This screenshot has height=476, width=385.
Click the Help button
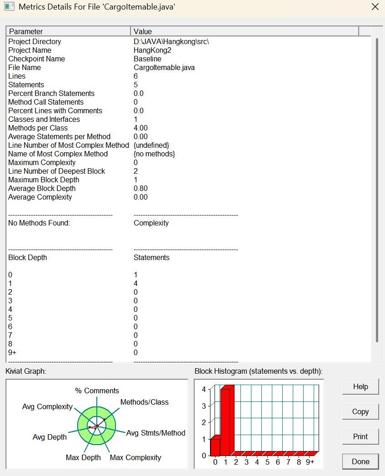(360, 386)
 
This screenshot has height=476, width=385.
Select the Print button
(360, 436)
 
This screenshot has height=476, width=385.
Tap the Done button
(360, 461)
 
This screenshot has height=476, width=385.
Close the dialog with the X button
(375, 7)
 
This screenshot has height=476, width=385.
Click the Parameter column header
(68, 31)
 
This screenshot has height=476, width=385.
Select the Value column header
(245, 31)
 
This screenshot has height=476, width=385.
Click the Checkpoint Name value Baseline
(147, 59)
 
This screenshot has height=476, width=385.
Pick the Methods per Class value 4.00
(140, 128)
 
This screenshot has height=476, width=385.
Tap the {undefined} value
(151, 145)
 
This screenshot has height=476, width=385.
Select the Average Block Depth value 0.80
(140, 188)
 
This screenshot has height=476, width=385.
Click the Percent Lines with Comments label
(55, 110)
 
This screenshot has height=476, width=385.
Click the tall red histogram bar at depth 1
(226, 421)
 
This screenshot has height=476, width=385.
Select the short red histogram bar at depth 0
(215, 446)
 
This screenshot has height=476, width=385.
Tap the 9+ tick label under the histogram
(310, 462)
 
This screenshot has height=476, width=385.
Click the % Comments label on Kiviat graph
(97, 391)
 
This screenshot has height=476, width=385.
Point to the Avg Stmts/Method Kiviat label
(155, 433)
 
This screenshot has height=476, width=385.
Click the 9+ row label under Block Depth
(13, 352)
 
